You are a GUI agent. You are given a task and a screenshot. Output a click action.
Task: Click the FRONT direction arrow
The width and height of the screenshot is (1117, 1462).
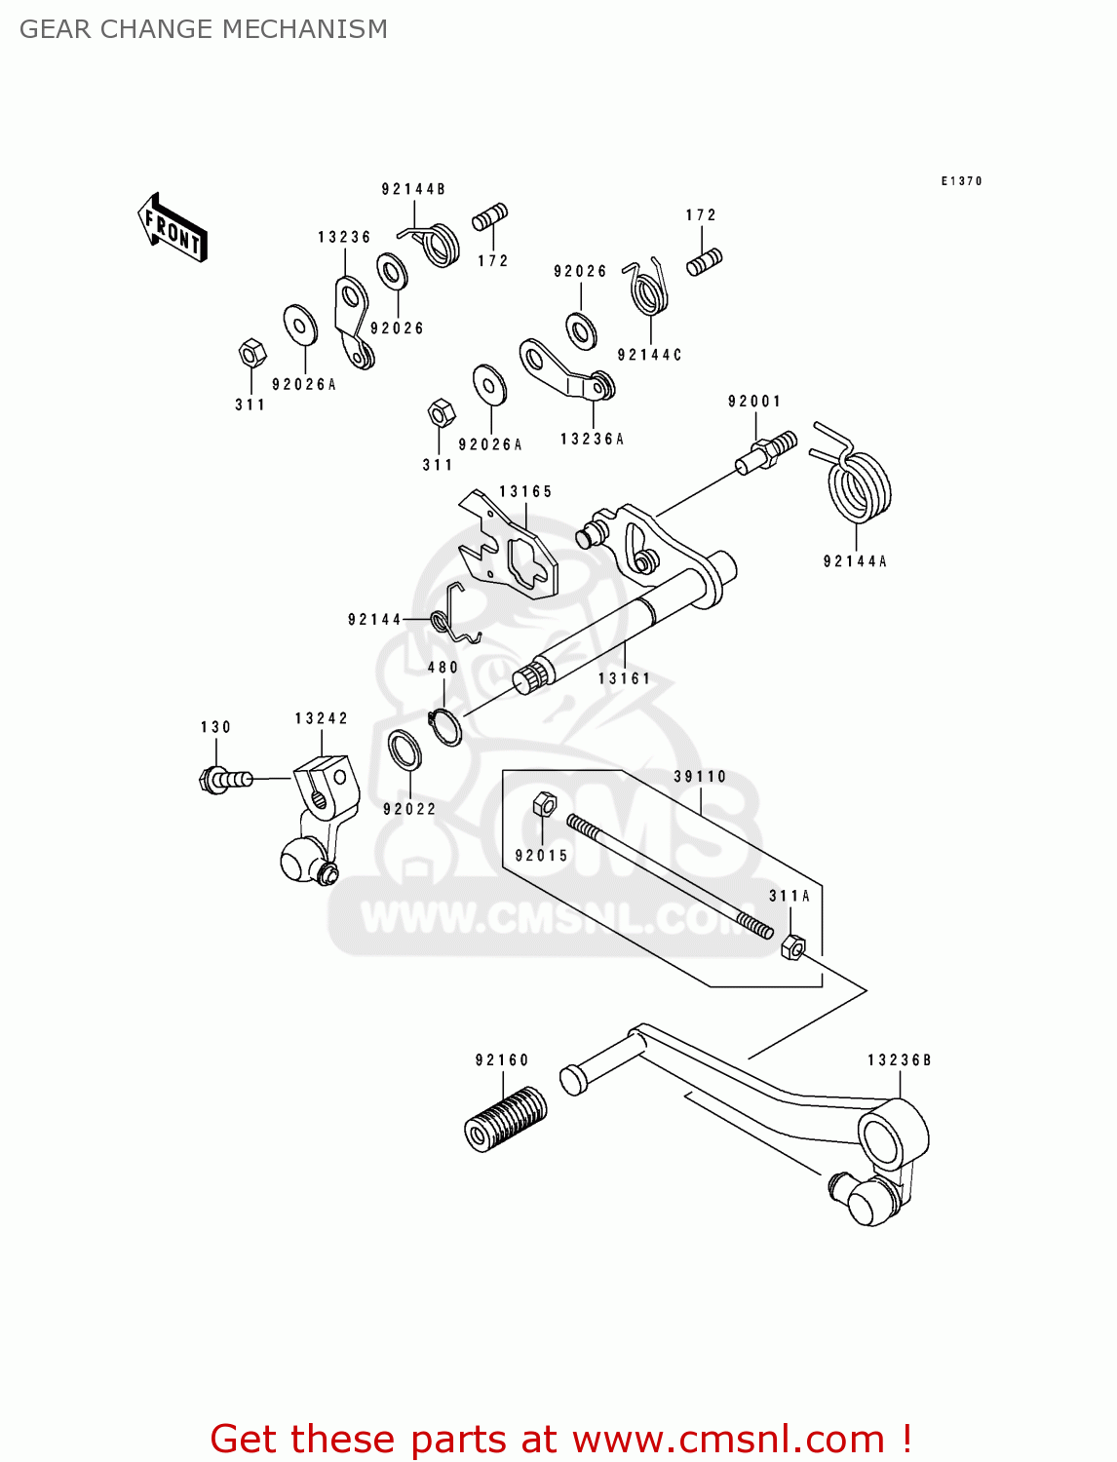pyautogui.click(x=173, y=228)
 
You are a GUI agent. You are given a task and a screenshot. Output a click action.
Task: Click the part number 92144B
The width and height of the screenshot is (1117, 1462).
pyautogui.click(x=413, y=189)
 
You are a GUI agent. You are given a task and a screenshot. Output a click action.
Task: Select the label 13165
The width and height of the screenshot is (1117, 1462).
pyautogui.click(x=525, y=491)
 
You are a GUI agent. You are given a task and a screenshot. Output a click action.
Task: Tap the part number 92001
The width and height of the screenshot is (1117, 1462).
pyautogui.click(x=754, y=402)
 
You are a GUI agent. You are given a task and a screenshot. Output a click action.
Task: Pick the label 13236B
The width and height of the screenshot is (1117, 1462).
pyautogui.click(x=899, y=1059)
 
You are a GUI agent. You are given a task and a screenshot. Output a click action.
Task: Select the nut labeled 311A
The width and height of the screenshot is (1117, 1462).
pyautogui.click(x=793, y=945)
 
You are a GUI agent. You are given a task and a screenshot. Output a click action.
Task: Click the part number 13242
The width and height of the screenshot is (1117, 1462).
pyautogui.click(x=321, y=718)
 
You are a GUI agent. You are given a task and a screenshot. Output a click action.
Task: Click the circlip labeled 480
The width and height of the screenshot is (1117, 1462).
pyautogui.click(x=445, y=726)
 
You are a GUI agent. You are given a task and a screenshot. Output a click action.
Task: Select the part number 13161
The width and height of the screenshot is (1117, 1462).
pyautogui.click(x=624, y=678)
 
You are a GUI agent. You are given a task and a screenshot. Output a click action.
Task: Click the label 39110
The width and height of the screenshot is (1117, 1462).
pyautogui.click(x=700, y=777)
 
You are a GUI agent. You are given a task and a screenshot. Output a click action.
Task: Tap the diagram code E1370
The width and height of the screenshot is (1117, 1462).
pyautogui.click(x=961, y=181)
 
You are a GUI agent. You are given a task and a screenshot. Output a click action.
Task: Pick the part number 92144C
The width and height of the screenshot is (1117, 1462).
pyautogui.click(x=649, y=355)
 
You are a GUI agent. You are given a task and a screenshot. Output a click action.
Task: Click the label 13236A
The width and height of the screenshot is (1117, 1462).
pyautogui.click(x=592, y=440)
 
